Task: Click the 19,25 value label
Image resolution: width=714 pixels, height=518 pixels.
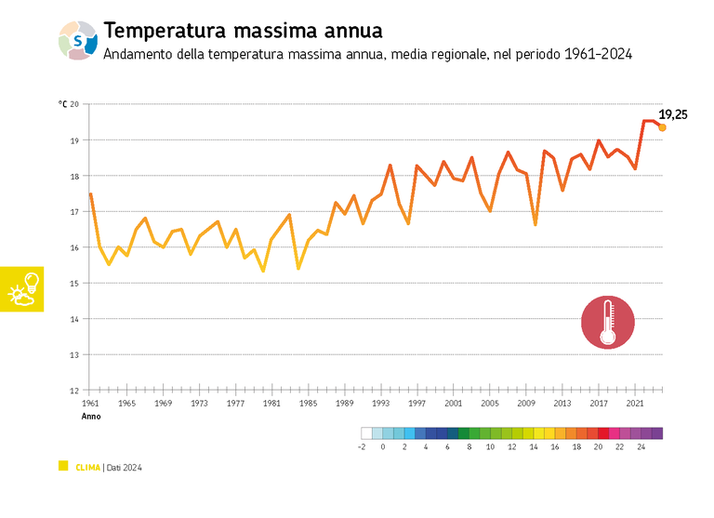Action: coord(674,113)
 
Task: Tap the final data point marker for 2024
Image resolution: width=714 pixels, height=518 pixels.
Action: coord(662,127)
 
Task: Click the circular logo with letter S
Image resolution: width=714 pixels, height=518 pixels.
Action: coord(78,41)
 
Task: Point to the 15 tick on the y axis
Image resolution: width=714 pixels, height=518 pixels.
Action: coord(74,284)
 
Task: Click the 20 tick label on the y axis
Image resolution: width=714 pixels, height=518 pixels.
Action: coord(74,104)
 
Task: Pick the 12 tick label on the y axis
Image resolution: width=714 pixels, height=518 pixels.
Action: coord(74,391)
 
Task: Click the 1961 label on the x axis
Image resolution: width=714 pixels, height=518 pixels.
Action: coord(90,404)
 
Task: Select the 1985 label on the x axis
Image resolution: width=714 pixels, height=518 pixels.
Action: coord(308,404)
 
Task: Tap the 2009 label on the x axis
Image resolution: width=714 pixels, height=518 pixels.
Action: coord(526,404)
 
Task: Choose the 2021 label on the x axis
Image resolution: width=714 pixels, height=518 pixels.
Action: coord(635,404)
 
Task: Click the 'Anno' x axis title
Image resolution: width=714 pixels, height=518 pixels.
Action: coord(91,417)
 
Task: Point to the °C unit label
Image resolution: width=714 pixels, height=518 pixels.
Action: coord(62,104)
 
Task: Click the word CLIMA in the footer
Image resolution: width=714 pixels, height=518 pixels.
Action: coord(87,467)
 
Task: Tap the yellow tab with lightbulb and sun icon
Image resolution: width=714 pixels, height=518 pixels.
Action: coord(22,288)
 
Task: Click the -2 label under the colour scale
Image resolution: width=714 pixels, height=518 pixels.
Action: coord(362,447)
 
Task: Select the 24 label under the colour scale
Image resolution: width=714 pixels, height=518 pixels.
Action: coord(641,447)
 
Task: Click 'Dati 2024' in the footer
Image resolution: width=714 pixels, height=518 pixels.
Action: coord(124,467)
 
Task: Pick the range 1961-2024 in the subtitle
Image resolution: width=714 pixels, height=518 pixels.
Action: coord(597,55)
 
